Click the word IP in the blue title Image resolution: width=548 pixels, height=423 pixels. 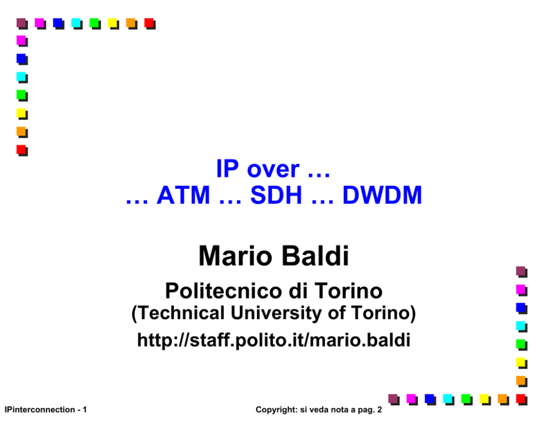(227, 168)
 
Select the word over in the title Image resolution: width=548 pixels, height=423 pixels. (273, 170)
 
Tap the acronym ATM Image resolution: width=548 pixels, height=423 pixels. (183, 195)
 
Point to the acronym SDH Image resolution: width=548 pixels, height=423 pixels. (276, 195)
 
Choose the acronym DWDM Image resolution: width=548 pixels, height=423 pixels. (382, 195)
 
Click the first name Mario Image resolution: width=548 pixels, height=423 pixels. (235, 256)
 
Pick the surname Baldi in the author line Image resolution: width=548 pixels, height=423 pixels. (315, 256)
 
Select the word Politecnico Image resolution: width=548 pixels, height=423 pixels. (223, 290)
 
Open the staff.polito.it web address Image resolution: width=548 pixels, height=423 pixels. (273, 340)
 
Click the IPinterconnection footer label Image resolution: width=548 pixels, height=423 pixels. (39, 409)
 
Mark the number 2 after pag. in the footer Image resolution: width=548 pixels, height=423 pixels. (379, 409)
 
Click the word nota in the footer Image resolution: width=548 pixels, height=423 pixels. (336, 409)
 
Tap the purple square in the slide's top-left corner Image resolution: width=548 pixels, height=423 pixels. (22, 24)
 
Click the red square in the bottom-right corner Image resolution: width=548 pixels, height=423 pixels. (521, 400)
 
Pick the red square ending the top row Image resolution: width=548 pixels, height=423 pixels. (150, 24)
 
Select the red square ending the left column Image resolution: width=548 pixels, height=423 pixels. (22, 151)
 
